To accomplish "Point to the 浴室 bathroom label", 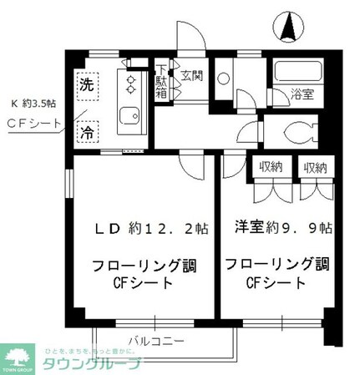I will tap(302, 94).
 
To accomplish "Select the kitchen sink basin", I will tap(130, 118).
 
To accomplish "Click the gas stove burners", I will tap(131, 83).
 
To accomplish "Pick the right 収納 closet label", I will tap(315, 167).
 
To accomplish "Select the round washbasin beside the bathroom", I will tap(224, 79).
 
